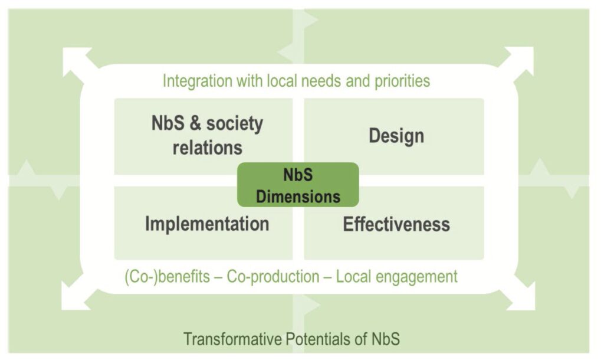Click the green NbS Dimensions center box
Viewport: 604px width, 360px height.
click(298, 185)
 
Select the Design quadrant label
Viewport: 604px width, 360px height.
click(396, 136)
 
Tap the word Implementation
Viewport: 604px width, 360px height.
click(207, 224)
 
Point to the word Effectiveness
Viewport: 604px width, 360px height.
click(396, 224)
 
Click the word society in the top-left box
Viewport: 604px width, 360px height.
click(235, 124)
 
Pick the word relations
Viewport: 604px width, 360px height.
click(207, 148)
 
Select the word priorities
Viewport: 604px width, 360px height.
click(402, 81)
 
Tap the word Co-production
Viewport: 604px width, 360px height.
click(273, 277)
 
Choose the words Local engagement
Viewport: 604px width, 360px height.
click(397, 277)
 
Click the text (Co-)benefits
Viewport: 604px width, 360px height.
click(167, 277)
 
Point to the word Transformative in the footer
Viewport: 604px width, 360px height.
click(232, 339)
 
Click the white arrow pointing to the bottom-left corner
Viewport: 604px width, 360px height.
click(78, 295)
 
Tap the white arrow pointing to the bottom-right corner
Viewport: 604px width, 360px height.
click(519, 295)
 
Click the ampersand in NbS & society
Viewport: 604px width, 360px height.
click(195, 123)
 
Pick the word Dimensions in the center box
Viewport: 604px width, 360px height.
click(298, 197)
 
